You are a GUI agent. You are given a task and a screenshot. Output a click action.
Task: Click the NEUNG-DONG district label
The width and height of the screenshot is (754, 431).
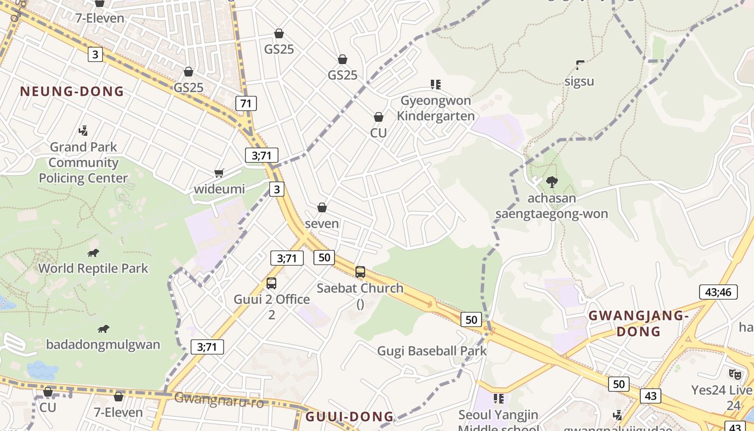tap(72, 91)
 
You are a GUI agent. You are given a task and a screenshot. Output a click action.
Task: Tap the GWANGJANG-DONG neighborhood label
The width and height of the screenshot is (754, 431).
tap(638, 323)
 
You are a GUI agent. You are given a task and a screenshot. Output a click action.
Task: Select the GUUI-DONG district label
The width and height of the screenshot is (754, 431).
tap(350, 416)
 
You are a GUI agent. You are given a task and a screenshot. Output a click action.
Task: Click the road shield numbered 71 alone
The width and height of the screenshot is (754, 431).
tap(246, 103)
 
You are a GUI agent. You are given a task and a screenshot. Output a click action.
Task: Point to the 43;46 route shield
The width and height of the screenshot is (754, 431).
tap(718, 292)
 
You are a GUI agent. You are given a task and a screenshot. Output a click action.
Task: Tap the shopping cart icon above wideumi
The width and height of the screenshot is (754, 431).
tap(219, 173)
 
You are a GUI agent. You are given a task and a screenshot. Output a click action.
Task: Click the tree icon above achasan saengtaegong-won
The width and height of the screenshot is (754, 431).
tap(551, 182)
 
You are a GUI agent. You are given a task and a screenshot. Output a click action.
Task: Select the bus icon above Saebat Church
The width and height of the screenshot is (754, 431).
tap(360, 272)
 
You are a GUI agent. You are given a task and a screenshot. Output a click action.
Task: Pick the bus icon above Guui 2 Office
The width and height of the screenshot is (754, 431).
tap(271, 283)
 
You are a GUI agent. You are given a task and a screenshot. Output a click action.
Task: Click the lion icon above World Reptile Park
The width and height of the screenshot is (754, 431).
tap(93, 253)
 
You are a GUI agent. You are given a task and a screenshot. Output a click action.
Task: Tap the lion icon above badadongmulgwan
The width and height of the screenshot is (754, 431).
tap(103, 329)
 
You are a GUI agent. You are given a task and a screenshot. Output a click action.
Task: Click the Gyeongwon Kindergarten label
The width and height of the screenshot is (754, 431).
tap(436, 108)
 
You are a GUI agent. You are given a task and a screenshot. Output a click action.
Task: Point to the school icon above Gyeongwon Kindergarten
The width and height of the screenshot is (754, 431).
tap(436, 85)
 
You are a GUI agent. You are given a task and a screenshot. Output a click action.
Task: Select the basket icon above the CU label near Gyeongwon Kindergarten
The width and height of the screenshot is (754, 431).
tap(379, 117)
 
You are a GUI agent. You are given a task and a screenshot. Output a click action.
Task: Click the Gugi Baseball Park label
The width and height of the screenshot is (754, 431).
tap(431, 351)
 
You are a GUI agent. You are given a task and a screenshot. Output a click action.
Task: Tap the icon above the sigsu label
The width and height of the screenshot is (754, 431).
tap(580, 65)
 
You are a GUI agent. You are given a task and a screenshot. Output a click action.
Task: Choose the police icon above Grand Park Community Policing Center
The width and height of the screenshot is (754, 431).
tap(83, 130)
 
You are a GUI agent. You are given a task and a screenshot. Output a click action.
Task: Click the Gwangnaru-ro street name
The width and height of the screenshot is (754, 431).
tap(219, 400)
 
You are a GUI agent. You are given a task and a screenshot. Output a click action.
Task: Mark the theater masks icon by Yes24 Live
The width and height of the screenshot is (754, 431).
tap(735, 374)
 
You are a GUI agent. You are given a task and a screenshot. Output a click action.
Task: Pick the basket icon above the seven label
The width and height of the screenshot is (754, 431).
tap(322, 207)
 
